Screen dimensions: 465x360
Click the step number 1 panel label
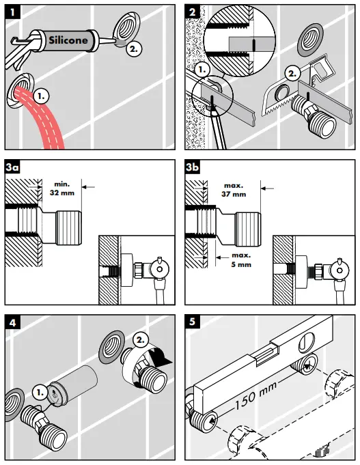pyautogui.click(x=12, y=12)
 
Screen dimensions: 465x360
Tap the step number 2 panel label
pyautogui.click(x=193, y=12)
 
